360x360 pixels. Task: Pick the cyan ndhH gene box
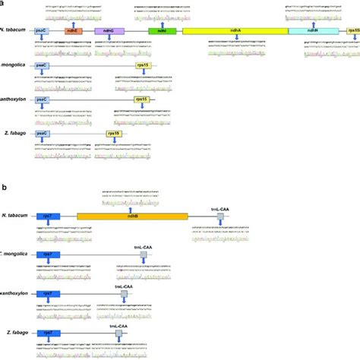[x=311, y=30]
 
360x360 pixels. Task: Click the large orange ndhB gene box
[x=132, y=217]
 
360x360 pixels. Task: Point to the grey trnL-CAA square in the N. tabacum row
[x=220, y=217]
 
